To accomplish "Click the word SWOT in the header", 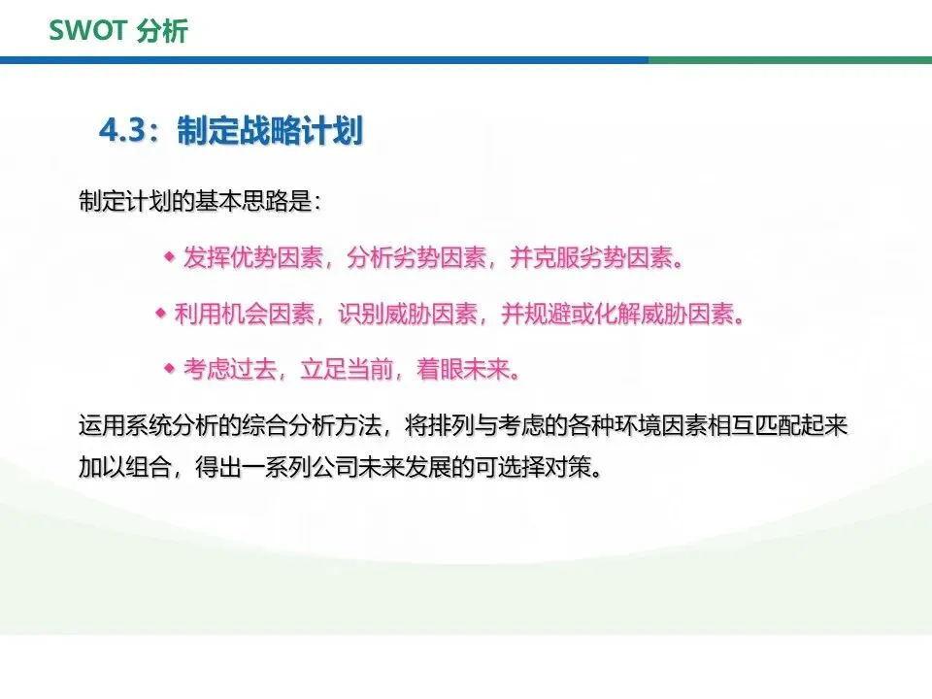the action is click(88, 30).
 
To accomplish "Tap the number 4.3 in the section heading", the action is click(122, 129).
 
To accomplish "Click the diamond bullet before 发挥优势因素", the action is click(170, 256).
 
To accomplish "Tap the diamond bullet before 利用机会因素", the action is click(160, 313).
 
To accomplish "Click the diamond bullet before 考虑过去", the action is click(169, 369).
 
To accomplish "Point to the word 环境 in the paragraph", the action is click(638, 425).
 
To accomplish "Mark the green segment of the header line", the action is click(790, 60).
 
